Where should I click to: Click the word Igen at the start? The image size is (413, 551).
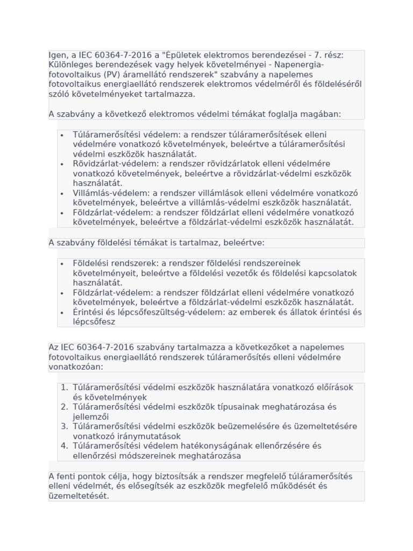pos(58,55)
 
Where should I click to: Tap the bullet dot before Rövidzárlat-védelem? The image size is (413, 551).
pos(62,164)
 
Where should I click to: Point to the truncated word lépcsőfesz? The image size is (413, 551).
pos(94,322)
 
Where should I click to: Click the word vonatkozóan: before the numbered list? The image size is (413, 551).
pos(75,366)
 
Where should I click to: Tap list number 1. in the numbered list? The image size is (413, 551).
pos(65,387)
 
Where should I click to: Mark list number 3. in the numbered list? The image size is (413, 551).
pos(65,426)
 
